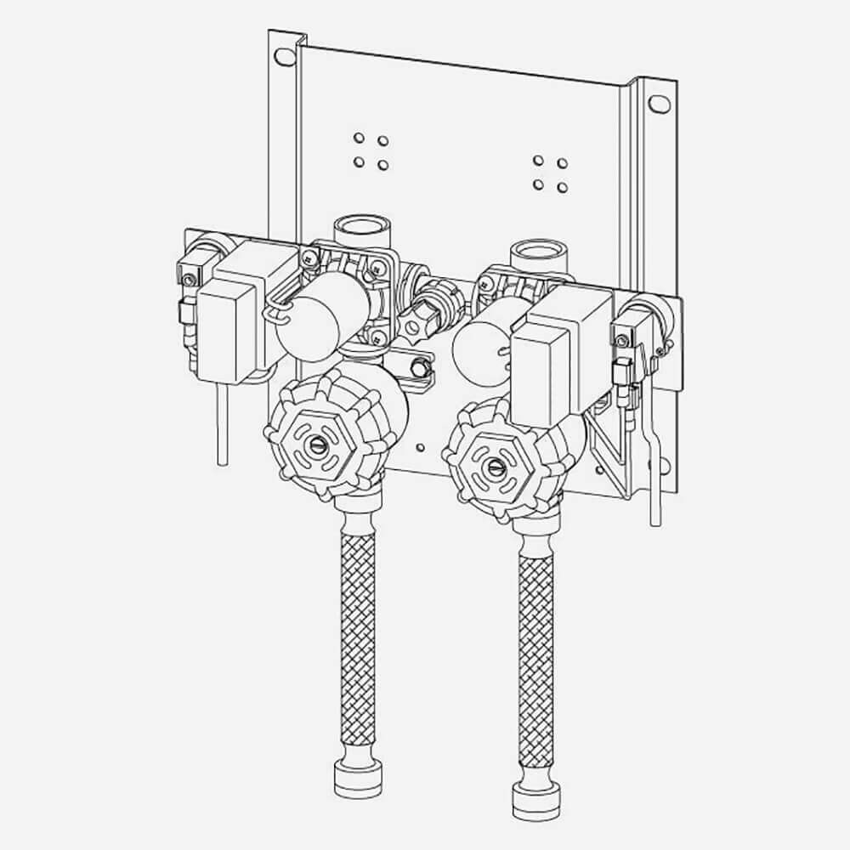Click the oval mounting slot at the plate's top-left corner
281,58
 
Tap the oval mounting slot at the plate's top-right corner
658,104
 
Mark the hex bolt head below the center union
418,367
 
